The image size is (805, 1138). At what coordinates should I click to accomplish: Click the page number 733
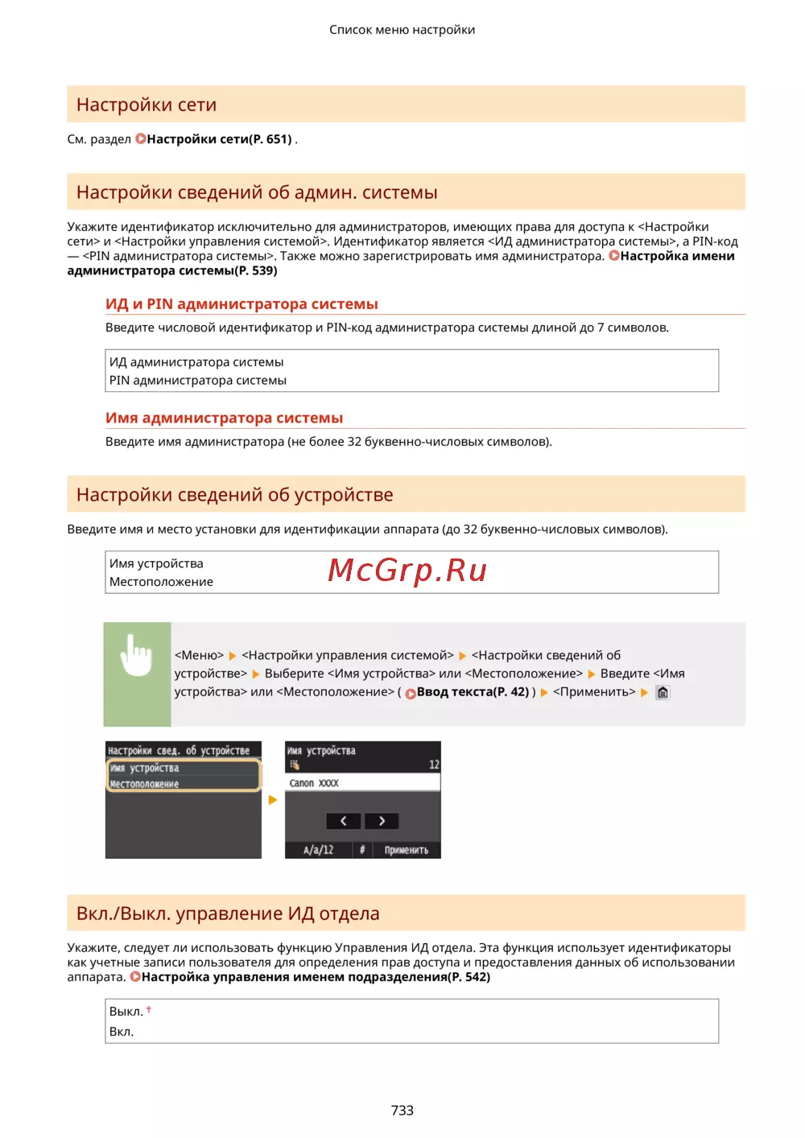point(402,1110)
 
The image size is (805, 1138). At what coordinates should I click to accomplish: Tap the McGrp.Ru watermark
point(407,570)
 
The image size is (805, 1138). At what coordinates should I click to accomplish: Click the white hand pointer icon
point(136,655)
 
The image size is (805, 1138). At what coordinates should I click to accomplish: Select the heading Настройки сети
point(147,105)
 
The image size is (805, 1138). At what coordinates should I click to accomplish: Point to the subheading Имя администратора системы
point(224,418)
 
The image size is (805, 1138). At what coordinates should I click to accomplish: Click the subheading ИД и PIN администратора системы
point(242,304)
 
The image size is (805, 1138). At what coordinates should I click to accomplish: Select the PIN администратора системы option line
point(198,380)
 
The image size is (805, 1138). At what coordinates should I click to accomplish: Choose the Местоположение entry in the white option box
point(161,581)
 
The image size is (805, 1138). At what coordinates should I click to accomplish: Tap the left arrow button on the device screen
point(343,821)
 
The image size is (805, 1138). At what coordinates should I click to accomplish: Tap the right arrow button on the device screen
point(382,821)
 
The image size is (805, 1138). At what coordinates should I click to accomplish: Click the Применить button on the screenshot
point(406,850)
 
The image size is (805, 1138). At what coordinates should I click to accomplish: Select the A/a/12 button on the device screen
point(318,850)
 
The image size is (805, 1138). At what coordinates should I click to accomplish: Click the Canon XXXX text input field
point(362,783)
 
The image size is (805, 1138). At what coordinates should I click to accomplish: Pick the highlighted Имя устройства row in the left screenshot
point(184,769)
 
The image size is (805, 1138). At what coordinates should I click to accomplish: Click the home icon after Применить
point(663,692)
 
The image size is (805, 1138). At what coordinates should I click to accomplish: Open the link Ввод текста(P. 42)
point(472,692)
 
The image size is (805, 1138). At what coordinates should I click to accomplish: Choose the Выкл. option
point(126,1012)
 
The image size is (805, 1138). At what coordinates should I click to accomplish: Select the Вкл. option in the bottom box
point(122,1032)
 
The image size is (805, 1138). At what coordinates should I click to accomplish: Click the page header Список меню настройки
point(402,30)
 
